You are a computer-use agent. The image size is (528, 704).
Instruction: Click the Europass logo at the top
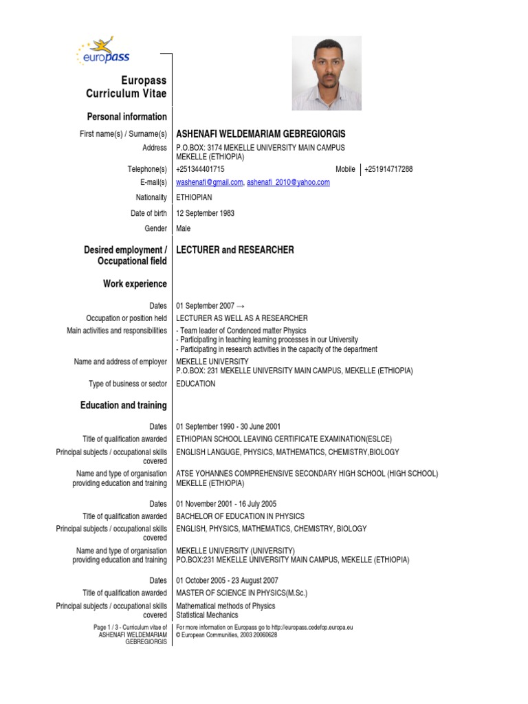[x=104, y=54]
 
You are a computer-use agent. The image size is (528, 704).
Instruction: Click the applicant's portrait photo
[x=327, y=74]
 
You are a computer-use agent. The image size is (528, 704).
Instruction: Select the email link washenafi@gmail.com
[x=210, y=182]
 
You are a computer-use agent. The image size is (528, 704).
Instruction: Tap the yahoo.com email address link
[x=288, y=182]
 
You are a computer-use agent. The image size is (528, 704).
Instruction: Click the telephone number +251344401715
[x=200, y=169]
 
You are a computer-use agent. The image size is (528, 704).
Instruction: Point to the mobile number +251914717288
[x=388, y=169]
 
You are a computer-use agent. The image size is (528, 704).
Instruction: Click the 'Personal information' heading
[x=126, y=117]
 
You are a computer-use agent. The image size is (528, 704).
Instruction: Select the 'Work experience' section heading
[x=135, y=284]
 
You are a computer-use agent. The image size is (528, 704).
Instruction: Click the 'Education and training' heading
[x=123, y=406]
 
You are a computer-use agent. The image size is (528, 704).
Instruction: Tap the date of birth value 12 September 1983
[x=206, y=213]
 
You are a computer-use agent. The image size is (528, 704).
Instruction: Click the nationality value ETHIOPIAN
[x=195, y=198]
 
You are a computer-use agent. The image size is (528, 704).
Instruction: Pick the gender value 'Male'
[x=184, y=228]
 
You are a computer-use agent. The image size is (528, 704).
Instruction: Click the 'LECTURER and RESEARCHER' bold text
[x=235, y=250]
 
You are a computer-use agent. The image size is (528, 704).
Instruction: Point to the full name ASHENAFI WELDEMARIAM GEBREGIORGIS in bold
[x=261, y=133]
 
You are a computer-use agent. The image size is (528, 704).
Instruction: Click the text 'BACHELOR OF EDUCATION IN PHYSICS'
[x=240, y=516]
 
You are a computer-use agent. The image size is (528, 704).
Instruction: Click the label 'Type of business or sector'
[x=127, y=384]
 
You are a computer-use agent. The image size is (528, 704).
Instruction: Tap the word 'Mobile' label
[x=345, y=169]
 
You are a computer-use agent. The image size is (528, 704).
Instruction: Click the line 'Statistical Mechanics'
[x=207, y=615]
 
